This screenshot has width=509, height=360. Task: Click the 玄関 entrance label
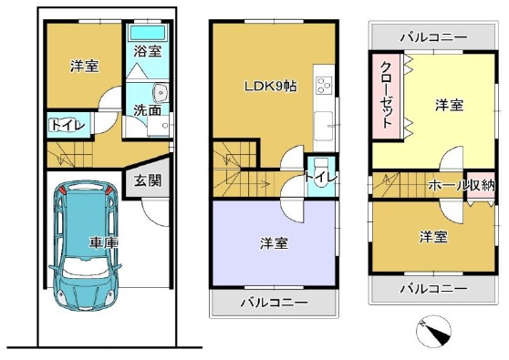pyautogui.click(x=148, y=180)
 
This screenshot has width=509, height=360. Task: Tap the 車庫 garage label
pyautogui.click(x=103, y=242)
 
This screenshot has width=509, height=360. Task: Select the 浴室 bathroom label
pyautogui.click(x=148, y=51)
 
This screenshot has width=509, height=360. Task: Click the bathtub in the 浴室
pyautogui.click(x=148, y=33)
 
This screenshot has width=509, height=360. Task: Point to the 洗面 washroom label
pyautogui.click(x=148, y=110)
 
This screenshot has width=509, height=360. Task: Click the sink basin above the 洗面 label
pyautogui.click(x=161, y=93)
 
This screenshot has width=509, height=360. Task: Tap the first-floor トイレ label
pyautogui.click(x=67, y=125)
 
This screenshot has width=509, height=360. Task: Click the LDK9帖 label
pyautogui.click(x=270, y=87)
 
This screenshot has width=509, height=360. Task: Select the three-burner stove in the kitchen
pyautogui.click(x=324, y=85)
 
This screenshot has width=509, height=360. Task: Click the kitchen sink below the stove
pyautogui.click(x=324, y=126)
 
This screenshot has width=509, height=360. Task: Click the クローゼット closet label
pyautogui.click(x=388, y=95)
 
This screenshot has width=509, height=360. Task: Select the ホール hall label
pyautogui.click(x=447, y=185)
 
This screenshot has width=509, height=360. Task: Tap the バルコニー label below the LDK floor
pyautogui.click(x=274, y=303)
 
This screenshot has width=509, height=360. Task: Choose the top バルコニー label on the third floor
pyautogui.click(x=433, y=37)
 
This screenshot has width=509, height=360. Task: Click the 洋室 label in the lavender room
pyautogui.click(x=274, y=243)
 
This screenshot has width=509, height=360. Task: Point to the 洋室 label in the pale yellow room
pyautogui.click(x=449, y=106)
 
